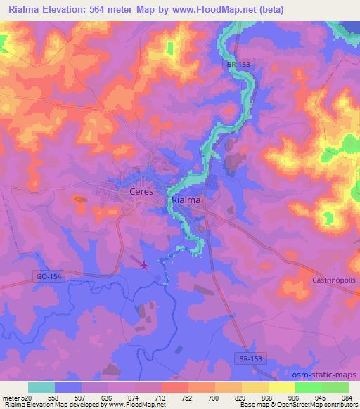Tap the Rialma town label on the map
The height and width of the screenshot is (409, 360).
(186, 200)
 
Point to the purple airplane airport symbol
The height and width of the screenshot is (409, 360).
(145, 265)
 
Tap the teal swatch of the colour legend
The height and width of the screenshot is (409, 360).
(41, 387)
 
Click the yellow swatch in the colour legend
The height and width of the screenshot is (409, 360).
(282, 387)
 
